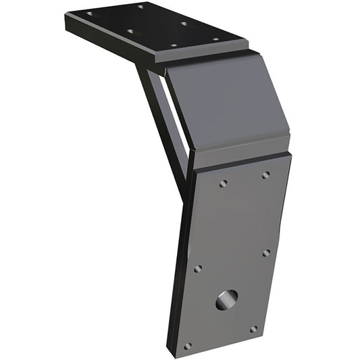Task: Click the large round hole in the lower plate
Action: pos(227,299)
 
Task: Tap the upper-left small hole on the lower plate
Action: pos(223,183)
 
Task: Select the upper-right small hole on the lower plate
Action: pos(265,174)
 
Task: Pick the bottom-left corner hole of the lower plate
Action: pos(188,346)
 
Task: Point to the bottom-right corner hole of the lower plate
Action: pos(253,330)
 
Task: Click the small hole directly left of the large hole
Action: pos(198,269)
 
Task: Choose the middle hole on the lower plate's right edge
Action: pos(265,253)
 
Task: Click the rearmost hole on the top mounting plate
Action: pos(141,7)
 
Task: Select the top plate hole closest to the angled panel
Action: pos(216,39)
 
